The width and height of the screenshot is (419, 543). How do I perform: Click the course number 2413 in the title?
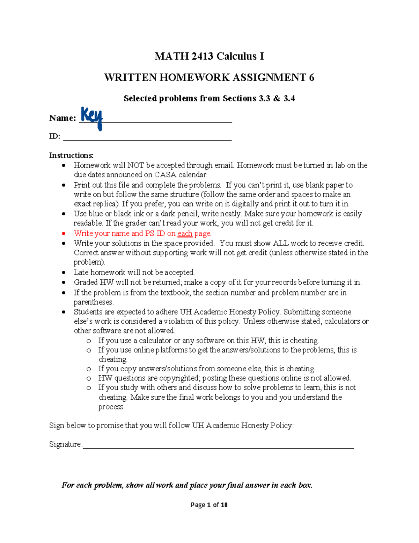203,56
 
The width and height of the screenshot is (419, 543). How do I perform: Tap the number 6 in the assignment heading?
311,78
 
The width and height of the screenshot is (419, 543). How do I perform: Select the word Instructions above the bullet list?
71,155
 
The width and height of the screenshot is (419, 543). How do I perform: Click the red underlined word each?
185,234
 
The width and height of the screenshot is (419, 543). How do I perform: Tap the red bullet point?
64,234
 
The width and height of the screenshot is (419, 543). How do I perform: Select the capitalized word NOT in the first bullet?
135,165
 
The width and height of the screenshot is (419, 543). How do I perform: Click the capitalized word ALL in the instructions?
281,243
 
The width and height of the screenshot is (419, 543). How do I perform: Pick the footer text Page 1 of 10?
209,505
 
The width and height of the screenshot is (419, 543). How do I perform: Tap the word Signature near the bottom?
65,444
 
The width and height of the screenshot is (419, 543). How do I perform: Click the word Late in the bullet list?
81,272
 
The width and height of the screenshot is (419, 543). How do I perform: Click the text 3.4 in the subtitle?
289,99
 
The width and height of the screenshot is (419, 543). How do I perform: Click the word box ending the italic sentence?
305,485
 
